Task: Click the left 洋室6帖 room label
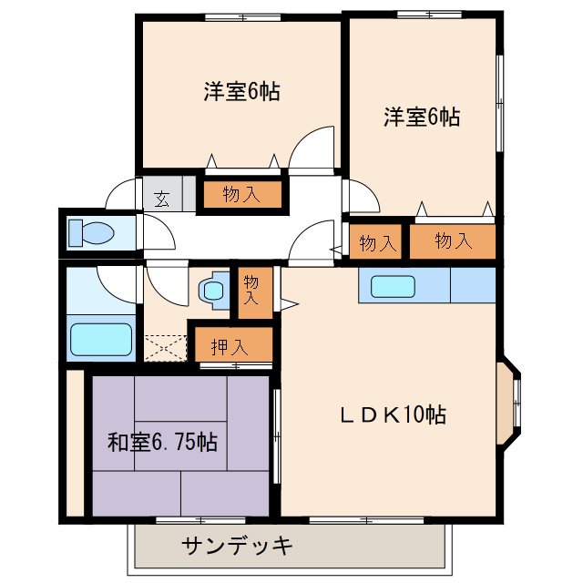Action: [241, 91]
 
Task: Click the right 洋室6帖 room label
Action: [421, 117]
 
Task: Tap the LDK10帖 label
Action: [394, 415]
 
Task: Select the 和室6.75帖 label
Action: [162, 443]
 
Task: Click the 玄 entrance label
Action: [161, 196]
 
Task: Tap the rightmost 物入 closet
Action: [453, 241]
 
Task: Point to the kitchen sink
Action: [393, 286]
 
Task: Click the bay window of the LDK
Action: [510, 401]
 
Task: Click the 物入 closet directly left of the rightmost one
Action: [377, 243]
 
